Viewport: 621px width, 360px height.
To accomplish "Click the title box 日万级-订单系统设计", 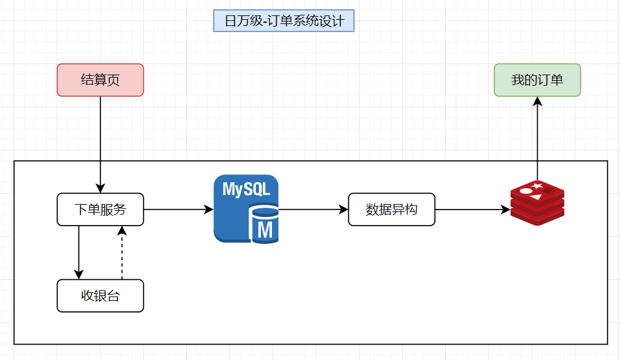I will point(284,21).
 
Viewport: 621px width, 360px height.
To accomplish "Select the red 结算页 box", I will point(100,80).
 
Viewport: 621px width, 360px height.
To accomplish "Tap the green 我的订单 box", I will point(537,80).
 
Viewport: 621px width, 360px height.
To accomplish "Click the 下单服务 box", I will point(100,210).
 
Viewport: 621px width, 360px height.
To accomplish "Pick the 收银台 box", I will point(100,296).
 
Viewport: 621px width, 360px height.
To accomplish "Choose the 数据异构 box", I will point(392,210).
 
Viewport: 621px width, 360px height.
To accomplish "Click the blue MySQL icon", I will point(245,209).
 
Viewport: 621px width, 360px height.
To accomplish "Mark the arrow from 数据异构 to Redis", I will point(472,210).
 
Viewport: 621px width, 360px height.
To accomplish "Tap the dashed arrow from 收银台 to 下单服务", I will point(121,253).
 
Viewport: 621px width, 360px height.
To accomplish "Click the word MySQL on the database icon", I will point(246,189).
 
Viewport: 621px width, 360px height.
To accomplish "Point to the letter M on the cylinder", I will point(265,229).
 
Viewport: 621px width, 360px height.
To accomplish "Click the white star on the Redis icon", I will point(538,186).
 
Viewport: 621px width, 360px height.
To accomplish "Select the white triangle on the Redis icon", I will point(536,197).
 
